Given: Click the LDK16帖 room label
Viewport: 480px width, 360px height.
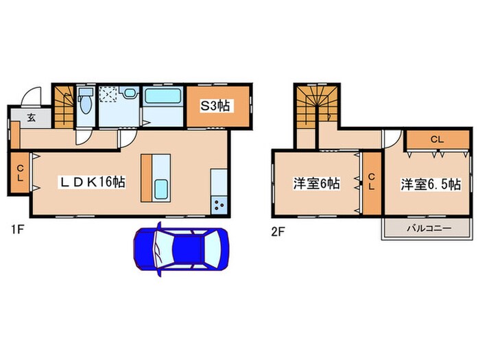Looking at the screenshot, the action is click(x=93, y=182).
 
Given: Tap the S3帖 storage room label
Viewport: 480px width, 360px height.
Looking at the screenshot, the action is click(x=215, y=106).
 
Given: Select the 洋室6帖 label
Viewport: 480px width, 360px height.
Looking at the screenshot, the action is click(x=317, y=184).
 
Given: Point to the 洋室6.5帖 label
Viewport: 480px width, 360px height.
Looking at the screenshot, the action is click(x=431, y=184).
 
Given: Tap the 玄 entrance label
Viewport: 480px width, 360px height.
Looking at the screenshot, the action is click(x=32, y=117).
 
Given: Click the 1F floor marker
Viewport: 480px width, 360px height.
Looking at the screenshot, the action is click(x=17, y=230).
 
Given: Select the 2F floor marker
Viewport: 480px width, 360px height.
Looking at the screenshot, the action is click(x=278, y=232).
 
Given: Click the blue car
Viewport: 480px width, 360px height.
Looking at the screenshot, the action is click(x=181, y=250).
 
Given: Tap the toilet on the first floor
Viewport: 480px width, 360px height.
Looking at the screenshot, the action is click(x=86, y=101).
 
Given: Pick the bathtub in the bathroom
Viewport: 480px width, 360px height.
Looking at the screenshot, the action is click(x=163, y=96).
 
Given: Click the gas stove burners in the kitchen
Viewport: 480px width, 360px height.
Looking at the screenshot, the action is click(x=219, y=205).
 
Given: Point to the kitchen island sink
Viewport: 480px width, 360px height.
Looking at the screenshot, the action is click(x=161, y=189).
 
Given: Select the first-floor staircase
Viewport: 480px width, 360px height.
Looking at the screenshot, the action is click(x=64, y=106).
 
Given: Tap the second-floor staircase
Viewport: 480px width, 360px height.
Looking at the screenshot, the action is click(x=317, y=106).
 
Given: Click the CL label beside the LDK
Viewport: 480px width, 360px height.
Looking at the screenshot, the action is click(x=20, y=173).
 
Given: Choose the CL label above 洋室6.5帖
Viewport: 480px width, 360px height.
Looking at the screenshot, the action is click(x=437, y=140).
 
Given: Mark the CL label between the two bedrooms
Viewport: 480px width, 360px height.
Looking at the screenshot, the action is click(x=372, y=181).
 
